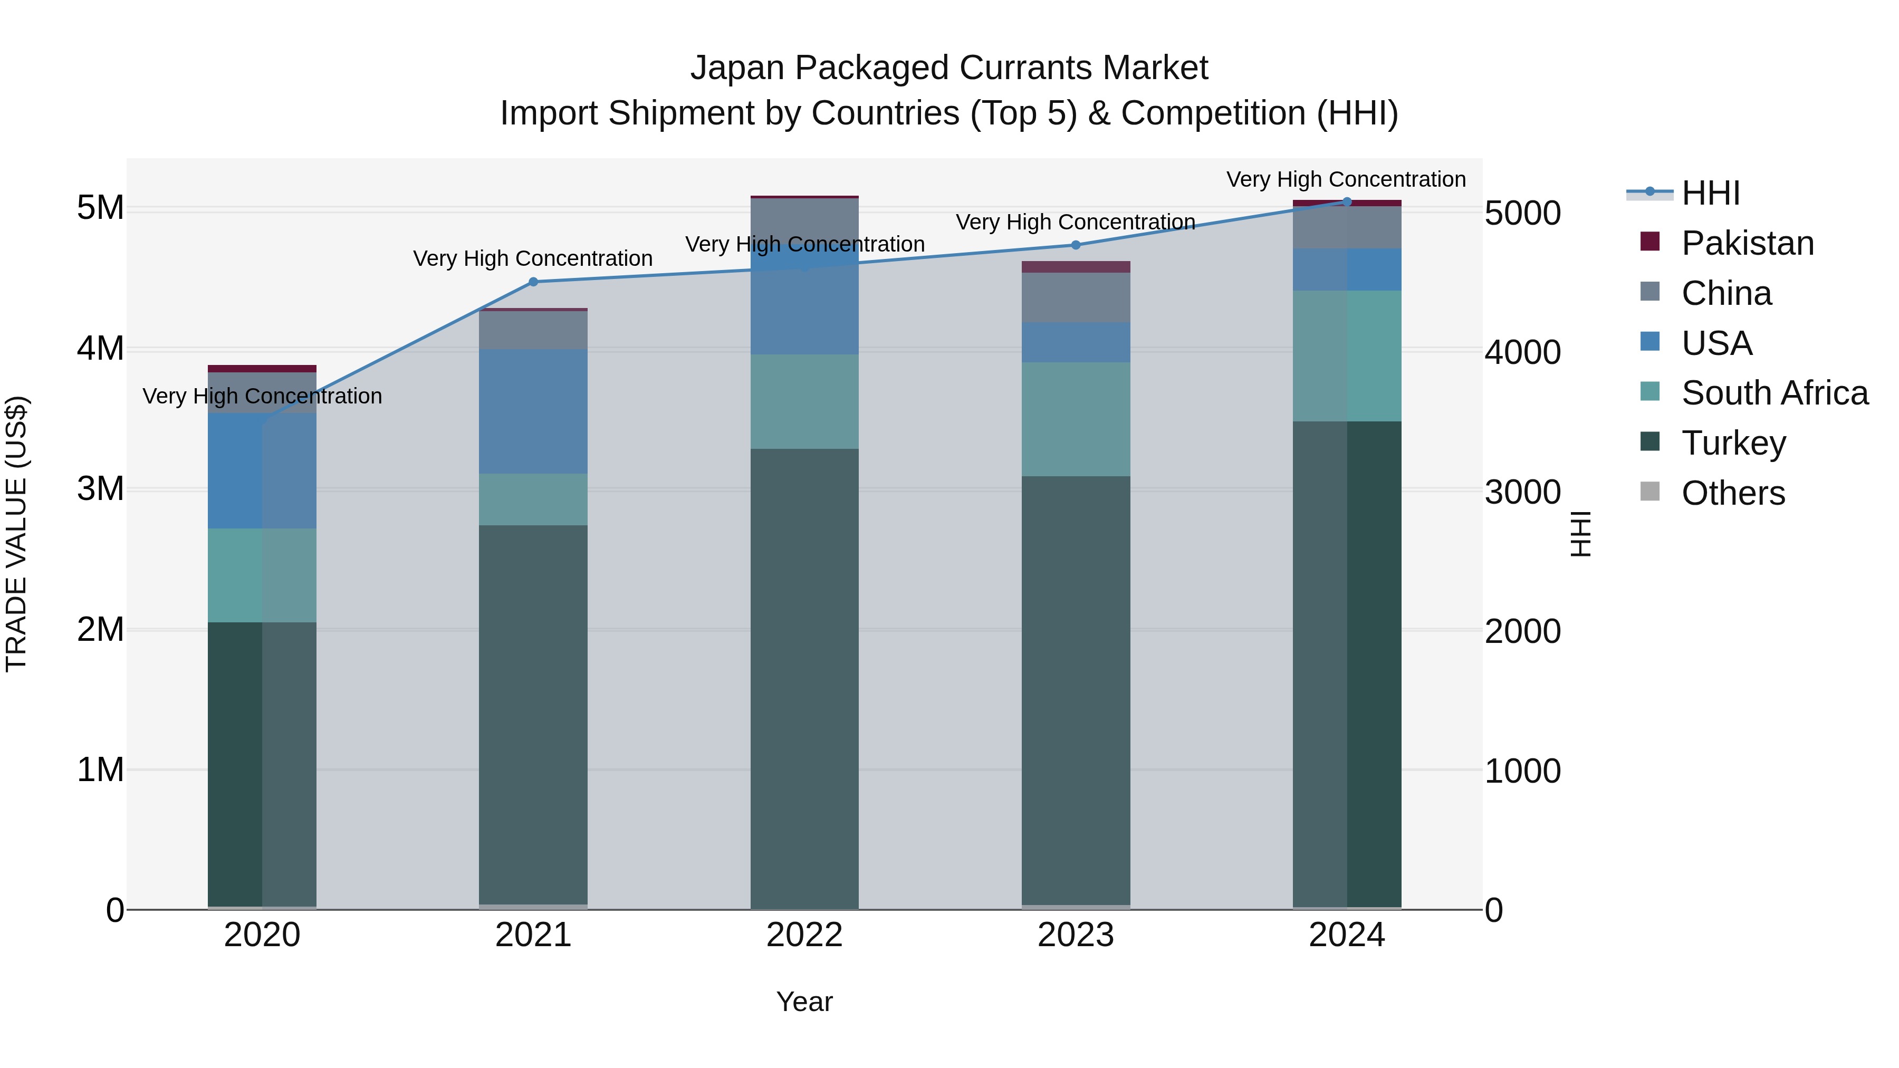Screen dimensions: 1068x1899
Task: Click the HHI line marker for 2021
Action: (x=533, y=282)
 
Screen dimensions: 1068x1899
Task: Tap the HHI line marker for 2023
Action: (x=1076, y=245)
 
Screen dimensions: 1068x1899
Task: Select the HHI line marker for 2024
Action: (x=1347, y=201)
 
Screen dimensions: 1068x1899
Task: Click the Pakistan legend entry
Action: (x=1747, y=243)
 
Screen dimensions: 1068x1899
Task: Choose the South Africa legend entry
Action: (x=1775, y=393)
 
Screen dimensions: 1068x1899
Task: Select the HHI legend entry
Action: (x=1710, y=193)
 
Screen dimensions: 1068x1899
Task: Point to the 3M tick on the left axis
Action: (x=100, y=489)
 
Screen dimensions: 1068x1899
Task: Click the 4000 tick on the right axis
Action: (x=1522, y=352)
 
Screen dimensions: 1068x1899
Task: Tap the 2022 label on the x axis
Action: (x=804, y=935)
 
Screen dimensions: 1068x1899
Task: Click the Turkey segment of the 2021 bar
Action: (x=533, y=715)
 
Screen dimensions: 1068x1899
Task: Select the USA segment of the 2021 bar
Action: (x=533, y=411)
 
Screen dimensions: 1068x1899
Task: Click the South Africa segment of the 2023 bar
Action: (x=1076, y=419)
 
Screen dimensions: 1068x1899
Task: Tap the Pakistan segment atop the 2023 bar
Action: (x=1076, y=267)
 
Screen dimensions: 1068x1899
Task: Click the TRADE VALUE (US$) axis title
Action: (x=16, y=534)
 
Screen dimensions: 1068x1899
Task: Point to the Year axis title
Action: (x=804, y=1002)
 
